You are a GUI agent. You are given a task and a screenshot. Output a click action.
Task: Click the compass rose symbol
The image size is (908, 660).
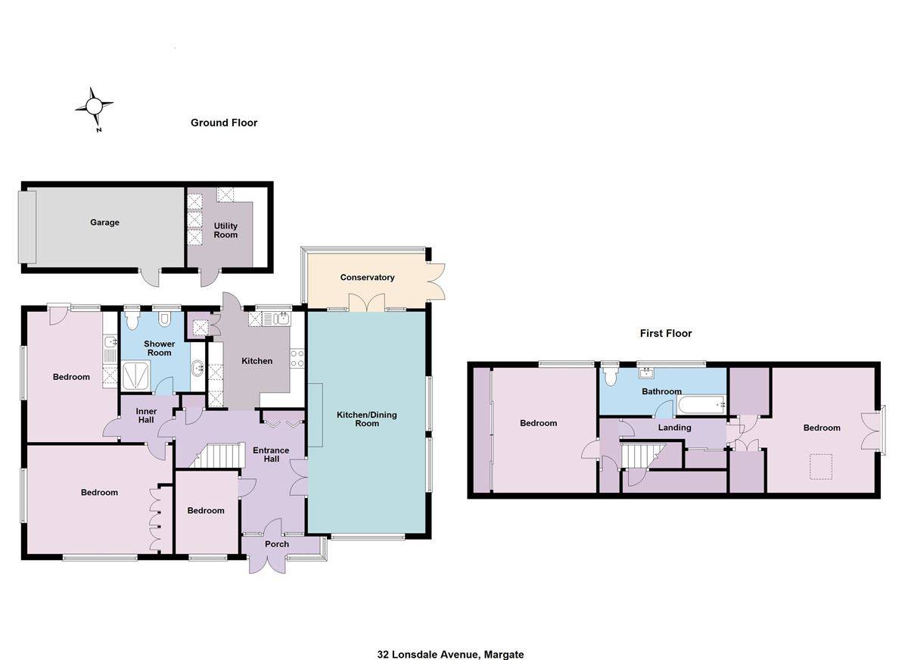pos(95,107)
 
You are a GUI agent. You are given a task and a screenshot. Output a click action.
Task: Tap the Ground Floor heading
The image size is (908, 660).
pos(224,123)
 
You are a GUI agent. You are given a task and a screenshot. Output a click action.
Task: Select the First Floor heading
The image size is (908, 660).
pos(666,333)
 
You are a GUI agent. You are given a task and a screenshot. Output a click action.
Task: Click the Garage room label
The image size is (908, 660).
pos(104,223)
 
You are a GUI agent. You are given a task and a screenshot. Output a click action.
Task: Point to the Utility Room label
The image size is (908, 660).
pos(225,230)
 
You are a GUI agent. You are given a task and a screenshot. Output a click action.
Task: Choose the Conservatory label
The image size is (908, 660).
pos(367,278)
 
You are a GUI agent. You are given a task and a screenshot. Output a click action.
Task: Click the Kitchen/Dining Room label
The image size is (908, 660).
pos(367,419)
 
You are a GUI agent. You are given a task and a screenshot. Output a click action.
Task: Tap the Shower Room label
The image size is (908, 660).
pos(160,348)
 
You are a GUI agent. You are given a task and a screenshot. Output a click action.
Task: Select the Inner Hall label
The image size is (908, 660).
pos(146,416)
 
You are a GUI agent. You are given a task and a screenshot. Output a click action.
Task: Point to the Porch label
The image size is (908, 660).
pos(277,544)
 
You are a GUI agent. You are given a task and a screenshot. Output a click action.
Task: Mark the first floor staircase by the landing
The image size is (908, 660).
pos(640,456)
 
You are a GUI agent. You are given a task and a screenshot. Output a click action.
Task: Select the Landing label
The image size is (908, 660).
pos(674,428)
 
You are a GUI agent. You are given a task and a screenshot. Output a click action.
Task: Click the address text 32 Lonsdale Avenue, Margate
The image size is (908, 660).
pos(451,654)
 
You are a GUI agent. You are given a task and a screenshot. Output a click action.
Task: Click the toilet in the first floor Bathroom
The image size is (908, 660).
pos(611,375)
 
